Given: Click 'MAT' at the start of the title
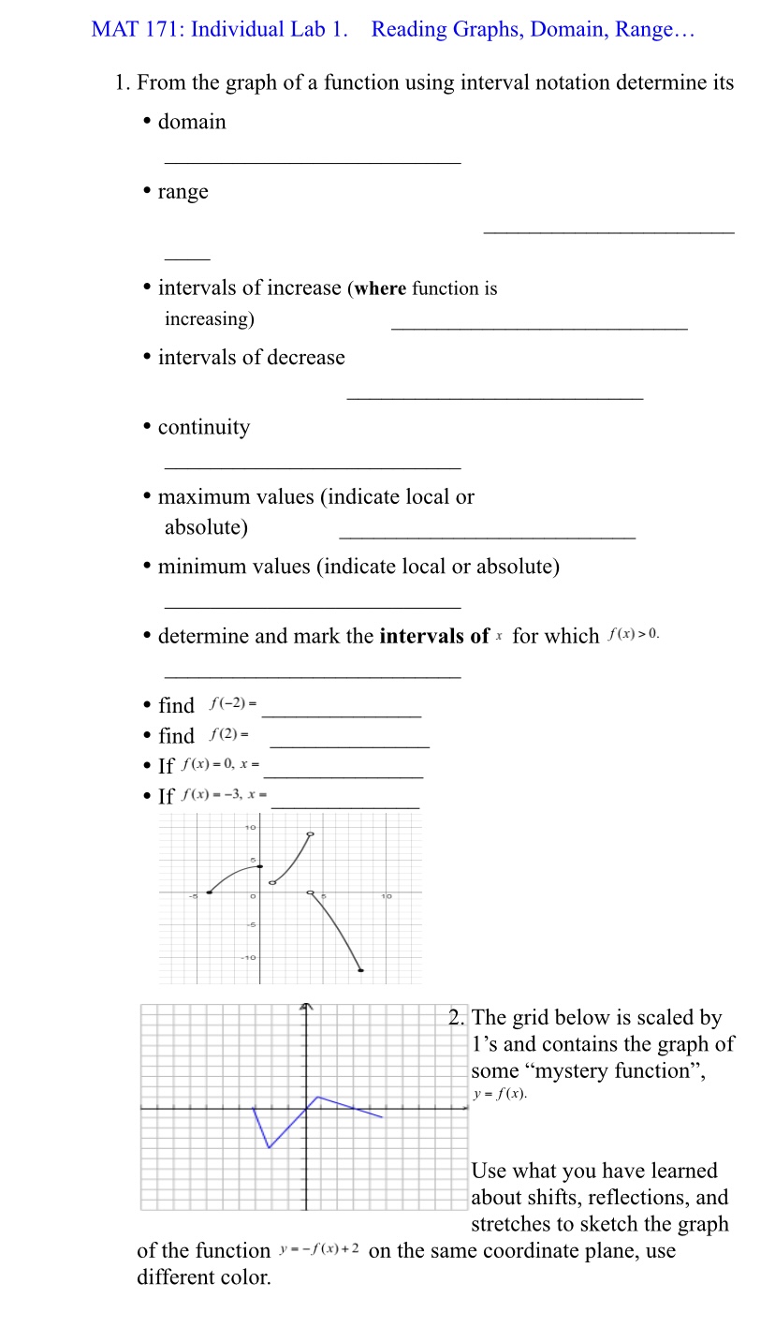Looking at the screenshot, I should pyautogui.click(x=114, y=29).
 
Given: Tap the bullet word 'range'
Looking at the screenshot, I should pyautogui.click(x=183, y=192).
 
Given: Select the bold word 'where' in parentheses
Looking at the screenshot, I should pyautogui.click(x=380, y=289).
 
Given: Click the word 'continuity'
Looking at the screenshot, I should pyautogui.click(x=204, y=428).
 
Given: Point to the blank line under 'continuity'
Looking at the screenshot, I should pyautogui.click(x=312, y=467).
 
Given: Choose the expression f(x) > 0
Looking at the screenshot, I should pyautogui.click(x=634, y=635).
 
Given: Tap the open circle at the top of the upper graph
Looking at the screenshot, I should pyautogui.click(x=311, y=833).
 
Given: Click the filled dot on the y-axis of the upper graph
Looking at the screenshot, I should pyautogui.click(x=260, y=866).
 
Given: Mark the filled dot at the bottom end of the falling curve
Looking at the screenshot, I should pyautogui.click(x=361, y=970).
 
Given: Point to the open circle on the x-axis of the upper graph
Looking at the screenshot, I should pyautogui.click(x=311, y=892).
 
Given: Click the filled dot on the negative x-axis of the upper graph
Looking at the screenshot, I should pyautogui.click(x=209, y=892).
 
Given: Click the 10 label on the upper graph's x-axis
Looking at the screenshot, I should pyautogui.click(x=386, y=897).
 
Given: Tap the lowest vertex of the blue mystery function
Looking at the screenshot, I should pyautogui.click(x=270, y=1147).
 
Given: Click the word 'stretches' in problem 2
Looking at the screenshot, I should pyautogui.click(x=513, y=1225).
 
